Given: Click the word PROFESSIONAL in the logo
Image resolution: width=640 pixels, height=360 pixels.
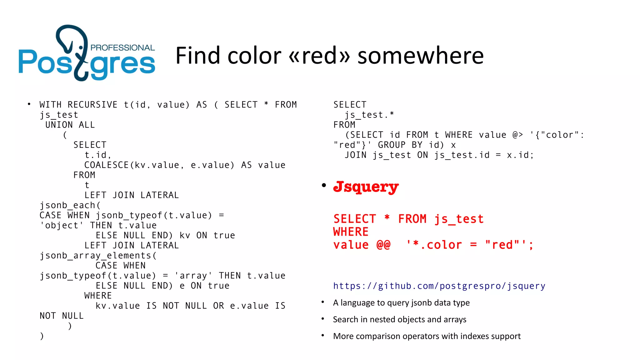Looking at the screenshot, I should tap(122, 48).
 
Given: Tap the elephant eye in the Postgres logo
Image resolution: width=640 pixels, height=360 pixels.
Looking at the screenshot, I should tap(81, 47).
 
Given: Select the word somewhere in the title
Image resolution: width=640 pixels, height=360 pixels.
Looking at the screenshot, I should tap(421, 56).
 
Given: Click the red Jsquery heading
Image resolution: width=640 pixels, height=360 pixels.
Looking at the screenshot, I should tap(366, 187).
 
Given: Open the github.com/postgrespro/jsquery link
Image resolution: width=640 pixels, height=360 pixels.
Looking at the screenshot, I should tap(439, 286).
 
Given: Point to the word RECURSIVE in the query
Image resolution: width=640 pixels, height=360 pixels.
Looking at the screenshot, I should tap(92, 105).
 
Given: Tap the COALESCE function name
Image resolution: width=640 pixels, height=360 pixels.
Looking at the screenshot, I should tap(107, 165).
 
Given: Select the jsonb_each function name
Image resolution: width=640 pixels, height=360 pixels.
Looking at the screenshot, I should tap(67, 205).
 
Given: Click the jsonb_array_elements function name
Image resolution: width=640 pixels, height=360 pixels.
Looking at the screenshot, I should tap(96, 256).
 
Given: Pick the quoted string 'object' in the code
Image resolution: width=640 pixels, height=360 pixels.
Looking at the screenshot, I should tap(62, 225).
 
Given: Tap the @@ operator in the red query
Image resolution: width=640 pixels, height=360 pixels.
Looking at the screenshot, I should tap(383, 245).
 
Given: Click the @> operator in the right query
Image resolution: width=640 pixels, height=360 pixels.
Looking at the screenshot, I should tap(517, 135).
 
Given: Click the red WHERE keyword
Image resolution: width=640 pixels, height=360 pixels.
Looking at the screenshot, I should tap(351, 232).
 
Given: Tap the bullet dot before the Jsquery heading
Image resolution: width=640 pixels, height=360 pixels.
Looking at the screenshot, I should tap(324, 186).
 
